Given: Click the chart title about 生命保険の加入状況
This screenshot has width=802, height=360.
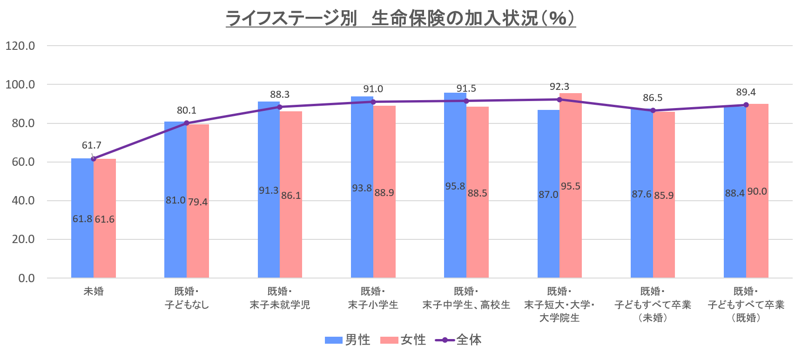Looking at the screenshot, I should [401, 19].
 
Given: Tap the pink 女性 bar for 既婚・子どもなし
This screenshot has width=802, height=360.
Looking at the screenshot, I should [198, 242].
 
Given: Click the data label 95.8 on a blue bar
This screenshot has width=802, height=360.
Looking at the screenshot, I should [455, 186].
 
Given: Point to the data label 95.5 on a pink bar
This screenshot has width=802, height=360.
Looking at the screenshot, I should [570, 186].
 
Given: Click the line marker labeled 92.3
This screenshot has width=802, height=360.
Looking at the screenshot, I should [559, 99].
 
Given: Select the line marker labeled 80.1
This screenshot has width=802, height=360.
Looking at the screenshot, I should [187, 123].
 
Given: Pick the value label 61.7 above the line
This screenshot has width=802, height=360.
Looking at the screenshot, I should [91, 145].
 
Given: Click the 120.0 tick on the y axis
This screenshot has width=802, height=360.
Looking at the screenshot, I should [20, 46].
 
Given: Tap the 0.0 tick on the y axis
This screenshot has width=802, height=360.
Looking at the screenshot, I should [27, 278].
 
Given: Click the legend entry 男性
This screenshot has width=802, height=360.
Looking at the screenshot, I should [348, 340].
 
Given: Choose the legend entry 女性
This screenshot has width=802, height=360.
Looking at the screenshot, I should [403, 340].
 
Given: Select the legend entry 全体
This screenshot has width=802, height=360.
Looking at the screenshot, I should [458, 340].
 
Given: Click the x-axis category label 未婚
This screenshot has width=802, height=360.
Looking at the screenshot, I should [94, 292].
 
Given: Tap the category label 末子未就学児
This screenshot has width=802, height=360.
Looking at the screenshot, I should [280, 305].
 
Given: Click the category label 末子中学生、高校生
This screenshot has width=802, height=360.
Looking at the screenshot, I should [466, 305].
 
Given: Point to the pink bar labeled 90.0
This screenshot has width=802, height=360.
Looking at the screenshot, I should [757, 233].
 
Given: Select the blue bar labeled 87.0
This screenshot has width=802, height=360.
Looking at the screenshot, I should [548, 233].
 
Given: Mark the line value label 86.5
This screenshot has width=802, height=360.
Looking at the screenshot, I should [653, 98].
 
